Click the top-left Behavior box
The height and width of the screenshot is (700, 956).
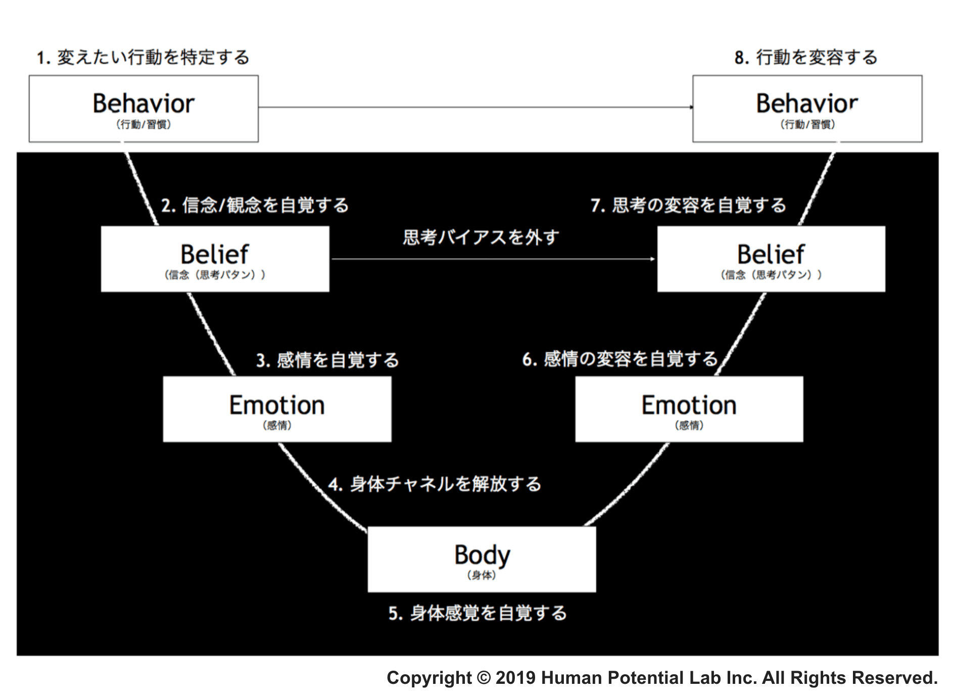[144, 109]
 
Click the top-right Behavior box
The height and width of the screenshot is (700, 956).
[807, 109]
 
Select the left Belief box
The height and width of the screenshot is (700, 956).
[215, 259]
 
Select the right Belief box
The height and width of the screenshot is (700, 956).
[771, 259]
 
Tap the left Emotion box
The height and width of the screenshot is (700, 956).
[277, 409]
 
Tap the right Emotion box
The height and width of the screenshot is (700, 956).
[689, 409]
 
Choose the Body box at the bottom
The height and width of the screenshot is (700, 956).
[482, 559]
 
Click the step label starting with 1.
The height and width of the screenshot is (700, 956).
[143, 57]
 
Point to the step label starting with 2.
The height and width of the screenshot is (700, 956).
[255, 205]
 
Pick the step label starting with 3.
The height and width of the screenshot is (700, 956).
[327, 360]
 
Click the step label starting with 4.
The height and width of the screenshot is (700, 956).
[435, 484]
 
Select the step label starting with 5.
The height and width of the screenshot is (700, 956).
[477, 613]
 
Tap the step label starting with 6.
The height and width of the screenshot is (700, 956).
[620, 359]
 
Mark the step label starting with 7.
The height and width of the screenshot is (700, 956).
[688, 205]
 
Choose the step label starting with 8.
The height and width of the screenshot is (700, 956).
[806, 57]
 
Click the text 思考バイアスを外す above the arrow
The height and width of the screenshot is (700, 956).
[481, 237]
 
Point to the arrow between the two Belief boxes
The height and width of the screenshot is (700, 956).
[493, 259]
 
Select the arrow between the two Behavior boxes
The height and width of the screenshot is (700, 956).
[475, 107]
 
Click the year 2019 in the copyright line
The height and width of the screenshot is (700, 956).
[515, 678]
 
